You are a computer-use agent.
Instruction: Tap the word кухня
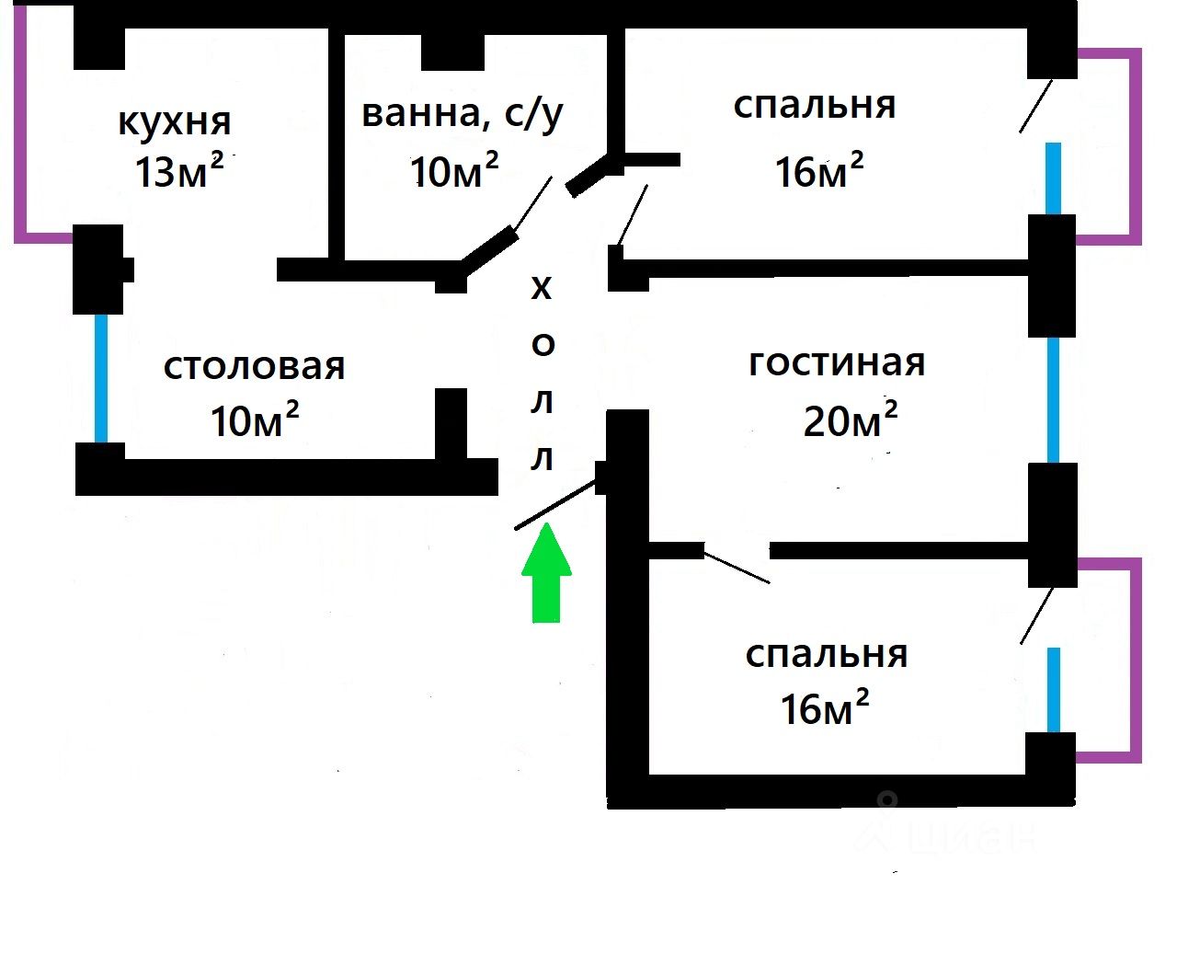coord(175,121)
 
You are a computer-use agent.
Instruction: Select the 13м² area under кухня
coord(178,171)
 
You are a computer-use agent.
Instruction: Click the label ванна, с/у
coord(462,112)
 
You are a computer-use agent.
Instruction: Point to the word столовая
coord(254,366)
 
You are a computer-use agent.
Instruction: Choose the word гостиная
coord(837,362)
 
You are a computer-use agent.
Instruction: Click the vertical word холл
coord(543,373)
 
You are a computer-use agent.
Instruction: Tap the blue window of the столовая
coord(101,379)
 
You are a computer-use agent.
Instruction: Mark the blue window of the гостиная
coord(1053,399)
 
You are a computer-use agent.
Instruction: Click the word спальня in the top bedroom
coord(815,105)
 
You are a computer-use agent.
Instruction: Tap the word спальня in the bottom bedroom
coord(826,654)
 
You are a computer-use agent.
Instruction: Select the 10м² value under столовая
coord(255,420)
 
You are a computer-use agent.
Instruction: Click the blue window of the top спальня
coord(1053,178)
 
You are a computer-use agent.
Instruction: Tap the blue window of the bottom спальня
coord(1054,690)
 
